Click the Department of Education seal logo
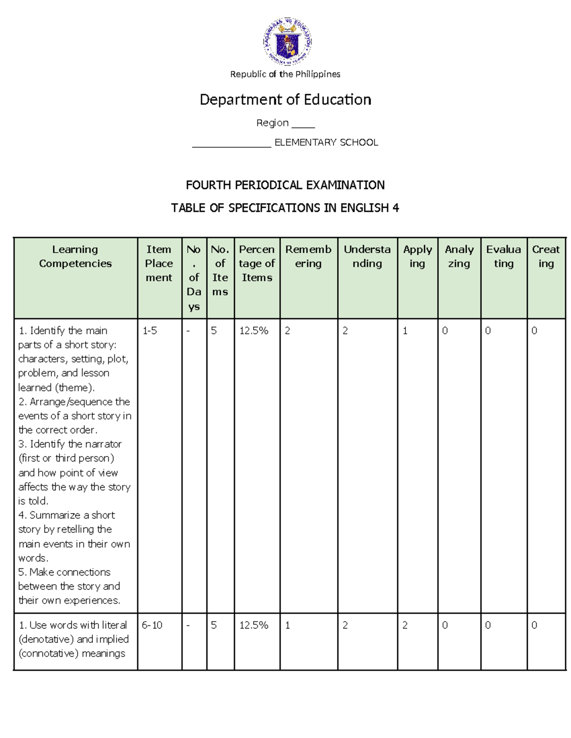pyautogui.click(x=287, y=41)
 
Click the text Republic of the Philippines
pyautogui.click(x=285, y=74)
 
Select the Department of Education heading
pyautogui.click(x=285, y=99)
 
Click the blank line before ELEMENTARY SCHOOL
pyautogui.click(x=231, y=144)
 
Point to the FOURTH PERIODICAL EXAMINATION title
pyautogui.click(x=285, y=185)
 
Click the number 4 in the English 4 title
pyautogui.click(x=395, y=208)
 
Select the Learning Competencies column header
pyautogui.click(x=75, y=257)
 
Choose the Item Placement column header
pyautogui.click(x=159, y=263)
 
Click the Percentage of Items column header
pyautogui.click(x=257, y=263)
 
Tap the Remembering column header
pyautogui.click(x=308, y=257)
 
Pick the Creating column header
pyautogui.click(x=546, y=257)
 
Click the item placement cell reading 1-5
pyautogui.click(x=150, y=331)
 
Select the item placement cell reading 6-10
pyautogui.click(x=152, y=625)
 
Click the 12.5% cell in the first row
pyautogui.click(x=254, y=331)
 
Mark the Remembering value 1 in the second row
pyautogui.click(x=287, y=625)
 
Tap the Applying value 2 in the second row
pyautogui.click(x=405, y=625)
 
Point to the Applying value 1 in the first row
pyautogui.click(x=405, y=331)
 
